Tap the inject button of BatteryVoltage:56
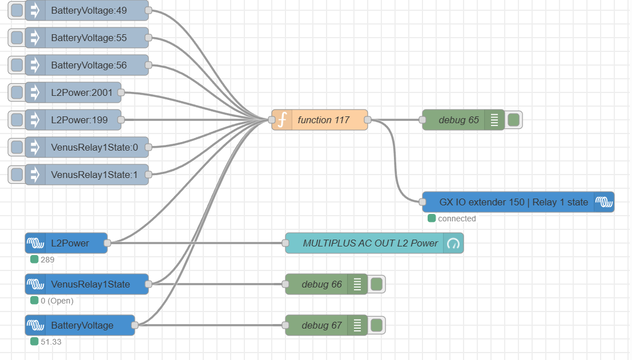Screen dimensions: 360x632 pyautogui.click(x=17, y=65)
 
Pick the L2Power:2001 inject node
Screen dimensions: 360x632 pyautogui.click(x=82, y=92)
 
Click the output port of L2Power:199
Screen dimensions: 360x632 pyautogui.click(x=121, y=120)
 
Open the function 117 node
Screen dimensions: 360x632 pyautogui.click(x=323, y=120)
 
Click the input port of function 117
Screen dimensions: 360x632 pyautogui.click(x=272, y=120)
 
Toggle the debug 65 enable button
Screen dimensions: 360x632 pyautogui.click(x=513, y=120)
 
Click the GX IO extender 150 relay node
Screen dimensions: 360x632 pyautogui.click(x=513, y=202)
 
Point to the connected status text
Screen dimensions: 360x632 pyautogui.click(x=457, y=219)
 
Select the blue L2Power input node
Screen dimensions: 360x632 pyautogui.click(x=70, y=243)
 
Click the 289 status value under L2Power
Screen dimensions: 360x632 pyautogui.click(x=47, y=260)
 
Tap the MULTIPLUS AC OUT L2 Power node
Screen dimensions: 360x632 pyautogui.click(x=370, y=243)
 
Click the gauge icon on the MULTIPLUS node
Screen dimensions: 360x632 pyautogui.click(x=454, y=243)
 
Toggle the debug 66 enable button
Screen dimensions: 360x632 pyautogui.click(x=376, y=284)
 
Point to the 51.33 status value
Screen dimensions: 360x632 pyautogui.click(x=51, y=342)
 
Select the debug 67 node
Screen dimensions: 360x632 pyautogui.click(x=321, y=325)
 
